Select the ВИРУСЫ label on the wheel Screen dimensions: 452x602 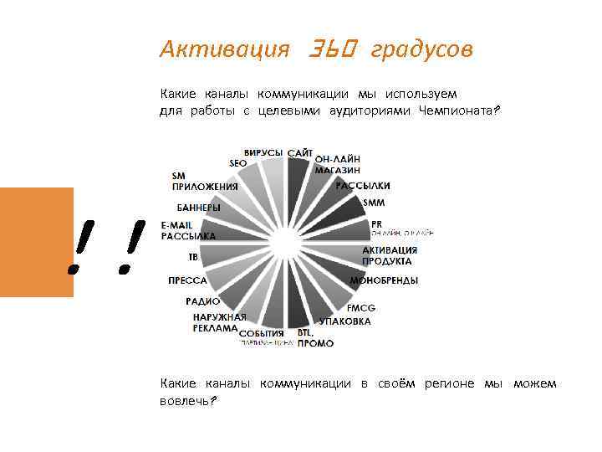263,152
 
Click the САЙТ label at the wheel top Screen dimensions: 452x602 301,152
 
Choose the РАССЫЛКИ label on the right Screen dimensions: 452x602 363,185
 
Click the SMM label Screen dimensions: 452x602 374,203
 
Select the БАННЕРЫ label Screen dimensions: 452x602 198,207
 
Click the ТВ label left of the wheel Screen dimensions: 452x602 192,257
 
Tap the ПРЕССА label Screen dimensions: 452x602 187,280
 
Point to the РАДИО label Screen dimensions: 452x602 203,300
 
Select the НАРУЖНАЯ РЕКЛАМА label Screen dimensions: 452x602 219,323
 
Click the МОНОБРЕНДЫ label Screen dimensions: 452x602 384,280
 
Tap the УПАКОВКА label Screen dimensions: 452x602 344,321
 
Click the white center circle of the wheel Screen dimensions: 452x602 284,243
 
